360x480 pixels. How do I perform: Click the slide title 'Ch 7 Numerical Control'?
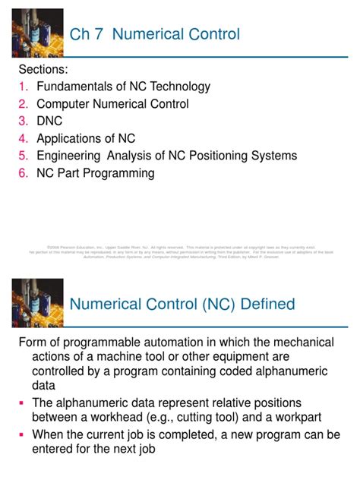[x=154, y=34]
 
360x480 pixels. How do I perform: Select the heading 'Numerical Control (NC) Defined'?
[x=182, y=304]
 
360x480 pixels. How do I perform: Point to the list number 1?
[x=23, y=87]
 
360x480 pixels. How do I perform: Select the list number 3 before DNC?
[x=23, y=121]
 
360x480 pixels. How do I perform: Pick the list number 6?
[x=23, y=173]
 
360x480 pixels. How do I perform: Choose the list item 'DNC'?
[x=49, y=121]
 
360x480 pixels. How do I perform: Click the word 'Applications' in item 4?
[x=72, y=138]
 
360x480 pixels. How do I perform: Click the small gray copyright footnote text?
[x=180, y=251]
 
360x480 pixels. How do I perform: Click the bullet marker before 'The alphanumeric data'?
[x=22, y=403]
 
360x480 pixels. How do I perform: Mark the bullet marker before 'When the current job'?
[x=22, y=435]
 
